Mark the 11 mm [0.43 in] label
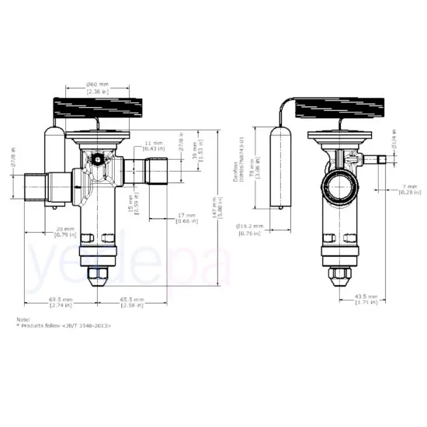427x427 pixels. coord(153,147)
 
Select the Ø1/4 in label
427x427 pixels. coord(395,140)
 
